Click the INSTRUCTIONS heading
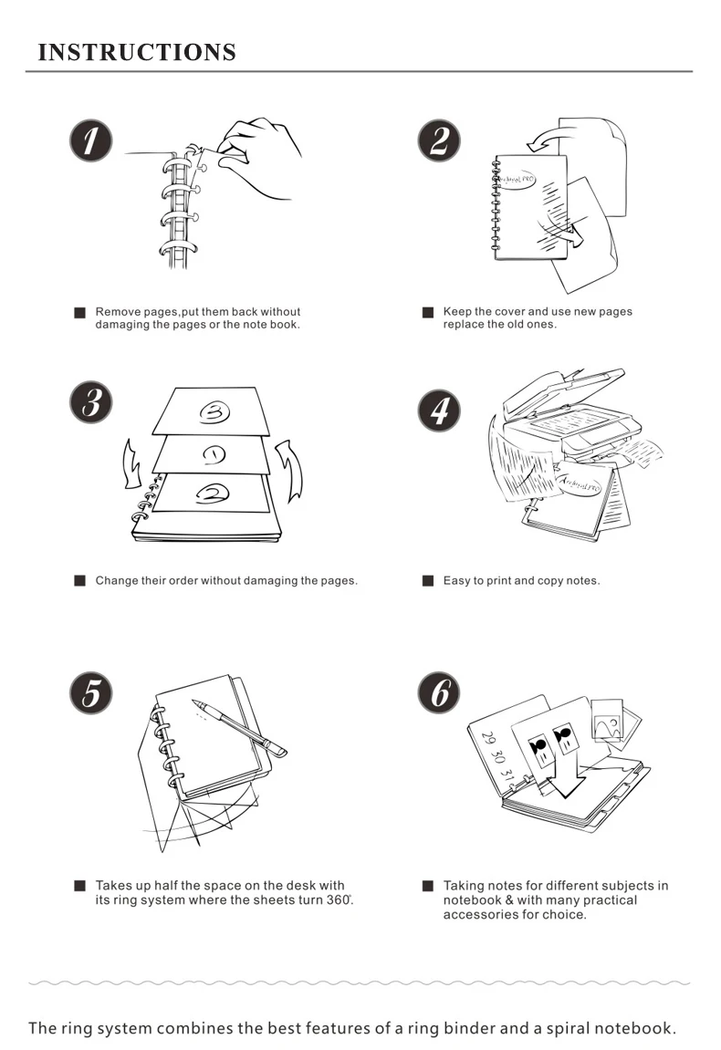(x=137, y=52)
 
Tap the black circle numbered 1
(x=91, y=140)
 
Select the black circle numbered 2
(x=439, y=140)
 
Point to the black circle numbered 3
(x=91, y=401)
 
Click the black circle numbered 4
(x=439, y=410)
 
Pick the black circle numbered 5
(x=91, y=692)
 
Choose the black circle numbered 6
(x=439, y=692)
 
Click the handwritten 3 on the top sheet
(x=214, y=411)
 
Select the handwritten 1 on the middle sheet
(x=214, y=454)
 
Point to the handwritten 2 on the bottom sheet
(x=213, y=494)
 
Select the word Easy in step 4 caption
(x=456, y=580)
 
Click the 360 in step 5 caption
(x=339, y=899)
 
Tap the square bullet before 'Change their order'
(x=79, y=580)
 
